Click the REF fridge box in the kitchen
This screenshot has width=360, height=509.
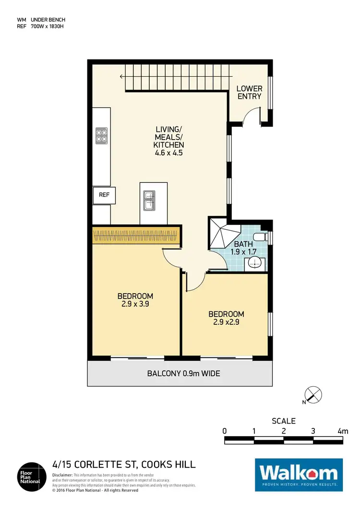pyautogui.click(x=104, y=195)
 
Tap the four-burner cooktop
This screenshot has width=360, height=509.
pyautogui.click(x=102, y=135)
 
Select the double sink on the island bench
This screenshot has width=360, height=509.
pyautogui.click(x=148, y=201)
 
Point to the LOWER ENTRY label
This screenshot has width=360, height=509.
pyautogui.click(x=250, y=93)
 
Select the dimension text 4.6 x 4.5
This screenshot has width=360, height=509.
pyautogui.click(x=168, y=154)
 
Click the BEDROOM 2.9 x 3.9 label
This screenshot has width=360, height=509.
pyautogui.click(x=135, y=299)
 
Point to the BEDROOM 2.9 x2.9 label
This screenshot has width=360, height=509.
pyautogui.click(x=226, y=318)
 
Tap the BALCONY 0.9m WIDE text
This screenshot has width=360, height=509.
pyautogui.click(x=184, y=373)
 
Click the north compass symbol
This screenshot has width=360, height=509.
pyautogui.click(x=313, y=395)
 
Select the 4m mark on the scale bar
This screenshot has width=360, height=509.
pyautogui.click(x=342, y=431)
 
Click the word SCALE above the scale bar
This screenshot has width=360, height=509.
pyautogui.click(x=284, y=421)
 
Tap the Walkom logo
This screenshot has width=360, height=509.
pyautogui.click(x=299, y=474)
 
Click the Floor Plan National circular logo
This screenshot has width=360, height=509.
pyautogui.click(x=32, y=477)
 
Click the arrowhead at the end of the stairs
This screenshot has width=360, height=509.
pyautogui.click(x=122, y=76)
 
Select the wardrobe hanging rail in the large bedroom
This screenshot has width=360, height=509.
pyautogui.click(x=136, y=236)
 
